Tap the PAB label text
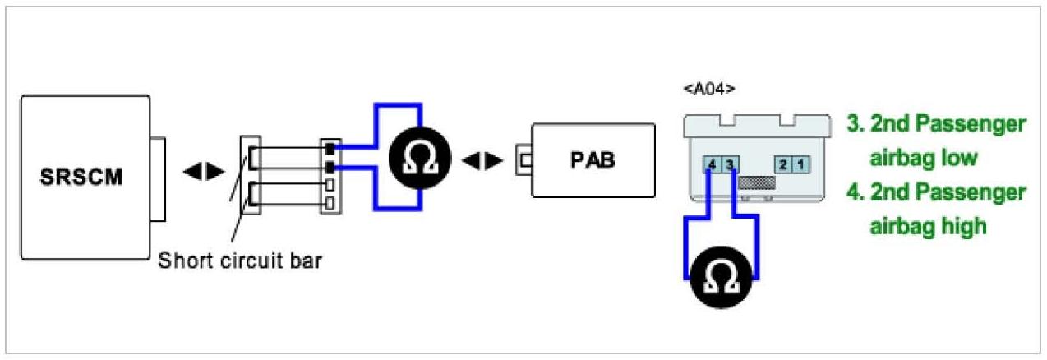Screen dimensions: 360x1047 click(593, 159)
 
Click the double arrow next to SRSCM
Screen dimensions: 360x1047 click(202, 172)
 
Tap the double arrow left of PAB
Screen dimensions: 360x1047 click(482, 160)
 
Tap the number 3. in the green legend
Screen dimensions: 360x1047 click(855, 125)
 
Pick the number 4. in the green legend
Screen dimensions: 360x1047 click(855, 193)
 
